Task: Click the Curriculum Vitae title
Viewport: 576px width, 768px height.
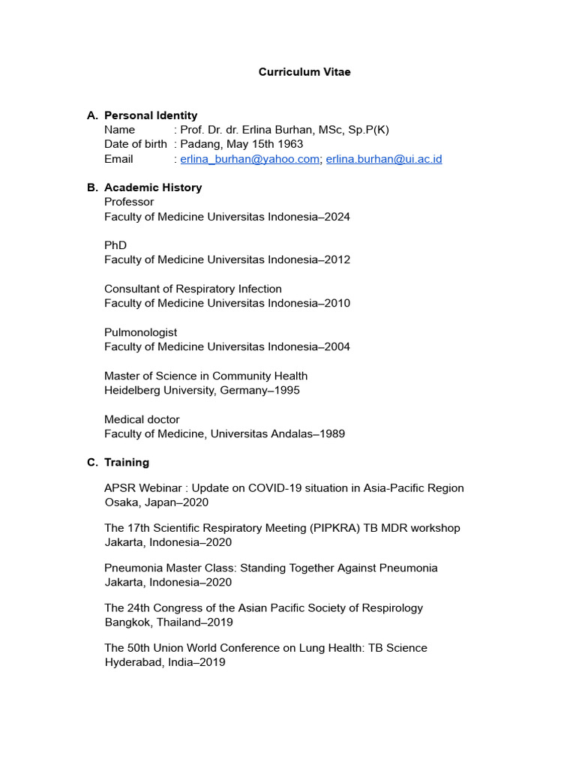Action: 304,72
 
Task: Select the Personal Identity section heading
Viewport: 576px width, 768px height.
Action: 151,115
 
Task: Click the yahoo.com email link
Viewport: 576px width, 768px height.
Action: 250,159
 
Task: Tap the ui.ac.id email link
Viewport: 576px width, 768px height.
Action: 383,159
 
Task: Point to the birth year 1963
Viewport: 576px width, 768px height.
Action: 289,145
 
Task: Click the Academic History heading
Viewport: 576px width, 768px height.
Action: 153,187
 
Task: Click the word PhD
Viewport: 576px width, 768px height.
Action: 115,245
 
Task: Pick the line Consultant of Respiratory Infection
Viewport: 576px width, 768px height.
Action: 193,289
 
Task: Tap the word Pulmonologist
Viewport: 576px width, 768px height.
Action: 141,332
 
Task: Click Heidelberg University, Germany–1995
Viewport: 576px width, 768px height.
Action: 202,390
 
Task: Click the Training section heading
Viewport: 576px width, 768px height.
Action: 127,462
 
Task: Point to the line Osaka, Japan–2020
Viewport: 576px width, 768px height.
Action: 156,502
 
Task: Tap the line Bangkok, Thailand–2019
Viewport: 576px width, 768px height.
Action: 169,622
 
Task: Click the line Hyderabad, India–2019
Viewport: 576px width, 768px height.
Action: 164,662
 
